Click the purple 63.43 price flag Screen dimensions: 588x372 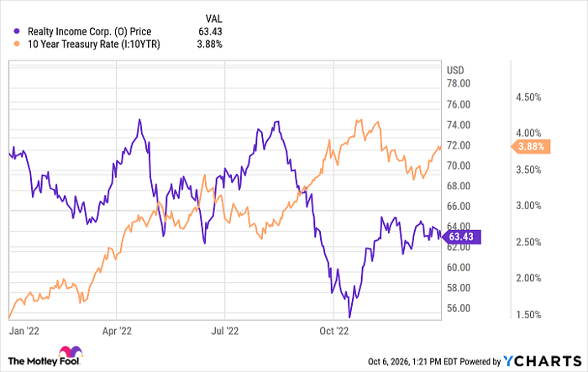click(462, 237)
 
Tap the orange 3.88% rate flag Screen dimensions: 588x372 click(531, 146)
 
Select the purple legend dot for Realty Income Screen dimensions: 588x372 click(17, 32)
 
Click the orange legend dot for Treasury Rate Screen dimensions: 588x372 click(17, 45)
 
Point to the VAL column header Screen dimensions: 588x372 click(213, 18)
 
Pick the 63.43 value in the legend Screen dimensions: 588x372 click(210, 32)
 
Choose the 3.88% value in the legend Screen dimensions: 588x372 click(210, 45)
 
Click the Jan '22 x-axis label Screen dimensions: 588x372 click(24, 331)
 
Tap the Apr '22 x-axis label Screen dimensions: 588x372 click(117, 331)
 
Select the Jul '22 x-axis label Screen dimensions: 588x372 click(225, 331)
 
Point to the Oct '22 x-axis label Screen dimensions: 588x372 click(333, 331)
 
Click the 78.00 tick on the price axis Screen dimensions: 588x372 click(459, 83)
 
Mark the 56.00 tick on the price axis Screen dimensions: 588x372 click(459, 308)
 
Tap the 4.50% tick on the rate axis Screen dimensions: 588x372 click(528, 97)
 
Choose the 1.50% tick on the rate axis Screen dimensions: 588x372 click(528, 315)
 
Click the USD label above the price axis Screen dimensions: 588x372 click(455, 71)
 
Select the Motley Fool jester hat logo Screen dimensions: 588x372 click(71, 351)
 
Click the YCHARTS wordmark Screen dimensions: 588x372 click(543, 361)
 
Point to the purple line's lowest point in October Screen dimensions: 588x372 click(349, 317)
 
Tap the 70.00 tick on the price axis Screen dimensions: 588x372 click(459, 165)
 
